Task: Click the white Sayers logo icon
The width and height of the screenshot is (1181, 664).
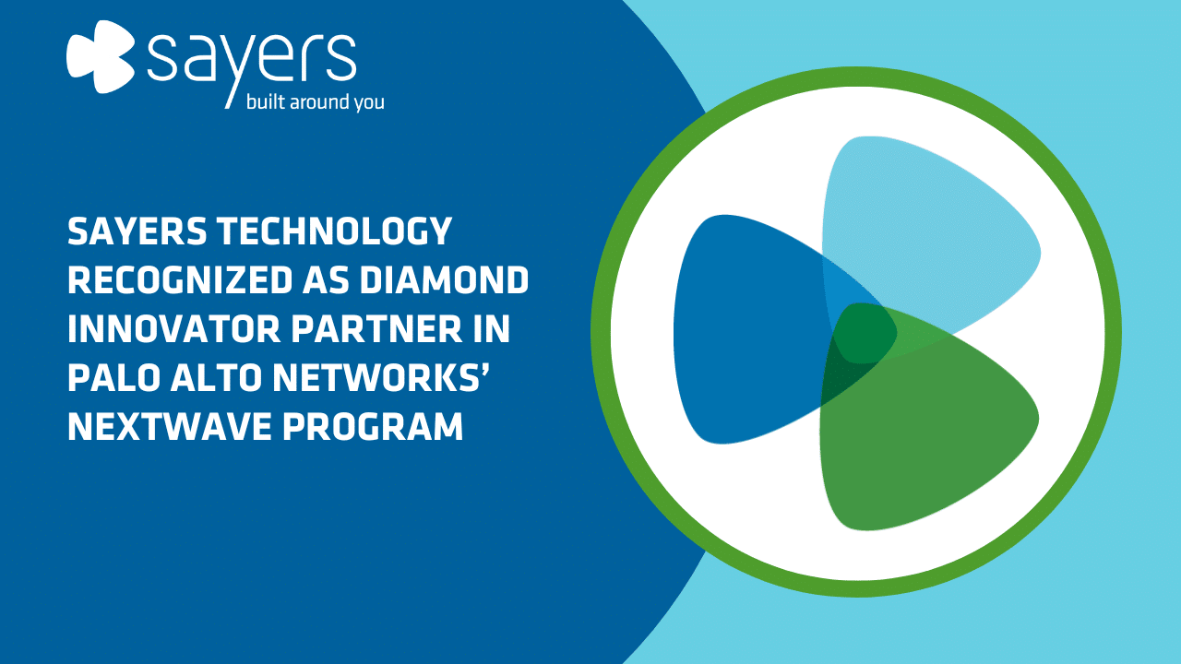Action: (x=101, y=56)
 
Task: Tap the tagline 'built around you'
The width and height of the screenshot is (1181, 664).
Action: (x=315, y=101)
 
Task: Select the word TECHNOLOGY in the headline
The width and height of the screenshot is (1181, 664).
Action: (x=334, y=231)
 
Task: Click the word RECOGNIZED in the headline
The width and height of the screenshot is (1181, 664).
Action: (x=180, y=279)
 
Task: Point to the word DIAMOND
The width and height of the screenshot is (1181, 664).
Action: (x=444, y=279)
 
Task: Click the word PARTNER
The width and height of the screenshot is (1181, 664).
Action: (x=376, y=329)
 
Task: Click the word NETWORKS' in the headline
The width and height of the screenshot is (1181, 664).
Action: (x=382, y=378)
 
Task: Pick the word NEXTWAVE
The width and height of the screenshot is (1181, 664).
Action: (x=169, y=426)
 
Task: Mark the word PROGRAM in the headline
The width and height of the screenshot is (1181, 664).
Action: (x=373, y=426)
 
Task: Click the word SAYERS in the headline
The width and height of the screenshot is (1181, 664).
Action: (x=137, y=231)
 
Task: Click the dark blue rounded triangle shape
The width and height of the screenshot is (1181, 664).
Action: (x=748, y=329)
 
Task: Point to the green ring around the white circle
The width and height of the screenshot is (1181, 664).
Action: (x=857, y=77)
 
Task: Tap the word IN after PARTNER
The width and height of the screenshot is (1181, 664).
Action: (x=492, y=329)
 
